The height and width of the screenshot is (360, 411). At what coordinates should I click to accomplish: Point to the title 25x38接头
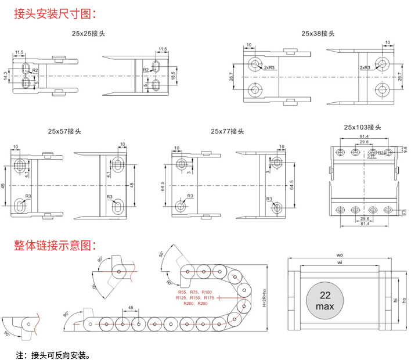(318, 34)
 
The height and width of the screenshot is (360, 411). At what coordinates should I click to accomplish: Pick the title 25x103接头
(363, 127)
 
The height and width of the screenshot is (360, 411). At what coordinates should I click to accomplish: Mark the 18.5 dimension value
(172, 75)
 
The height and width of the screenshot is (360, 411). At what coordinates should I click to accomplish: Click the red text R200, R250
(195, 304)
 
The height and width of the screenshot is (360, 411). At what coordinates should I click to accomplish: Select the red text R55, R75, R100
(195, 291)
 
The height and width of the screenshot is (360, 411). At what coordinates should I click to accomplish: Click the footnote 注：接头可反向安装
(52, 354)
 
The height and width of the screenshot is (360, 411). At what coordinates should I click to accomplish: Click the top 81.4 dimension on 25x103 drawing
(363, 137)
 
